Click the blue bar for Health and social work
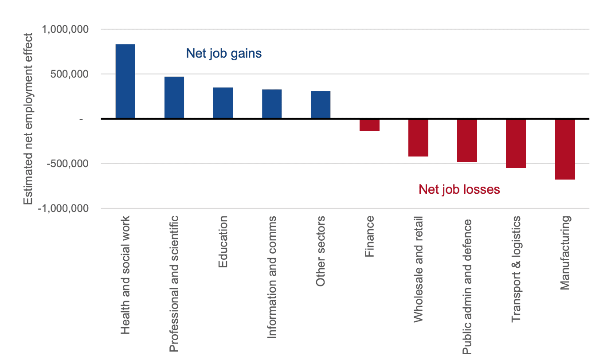tap(125, 82)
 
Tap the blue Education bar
tap(223, 103)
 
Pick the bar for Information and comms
tap(271, 104)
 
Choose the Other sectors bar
tap(320, 105)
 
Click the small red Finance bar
tap(369, 125)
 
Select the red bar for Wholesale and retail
tap(418, 137)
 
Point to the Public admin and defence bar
tap(467, 140)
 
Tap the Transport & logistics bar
tap(516, 143)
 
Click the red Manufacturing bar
tap(564, 149)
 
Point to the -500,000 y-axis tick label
tap(64, 164)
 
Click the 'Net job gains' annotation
tap(223, 54)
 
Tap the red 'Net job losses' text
tap(459, 189)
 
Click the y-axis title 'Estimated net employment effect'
tap(28, 118)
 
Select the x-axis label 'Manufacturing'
tap(564, 253)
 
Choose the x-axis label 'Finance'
tap(369, 236)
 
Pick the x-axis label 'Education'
tap(223, 242)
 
